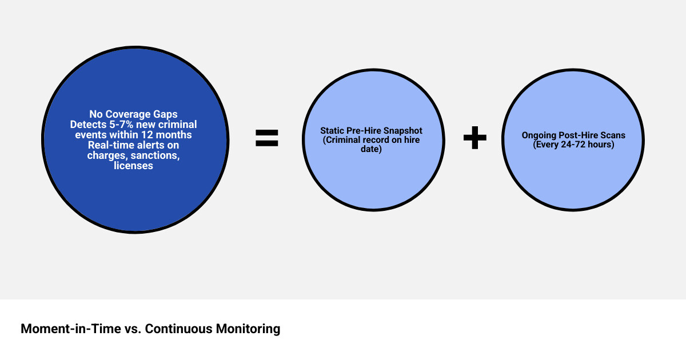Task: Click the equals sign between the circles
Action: pos(267,138)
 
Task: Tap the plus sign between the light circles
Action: pos(474,138)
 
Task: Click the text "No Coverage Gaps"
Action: pos(133,114)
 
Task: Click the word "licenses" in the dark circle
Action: pos(133,166)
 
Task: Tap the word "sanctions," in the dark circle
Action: pos(152,155)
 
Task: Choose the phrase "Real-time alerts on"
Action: pos(133,145)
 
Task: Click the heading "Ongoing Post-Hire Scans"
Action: pos(573,135)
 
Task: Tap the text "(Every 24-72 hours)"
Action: pos(573,145)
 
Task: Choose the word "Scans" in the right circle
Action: pos(613,135)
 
